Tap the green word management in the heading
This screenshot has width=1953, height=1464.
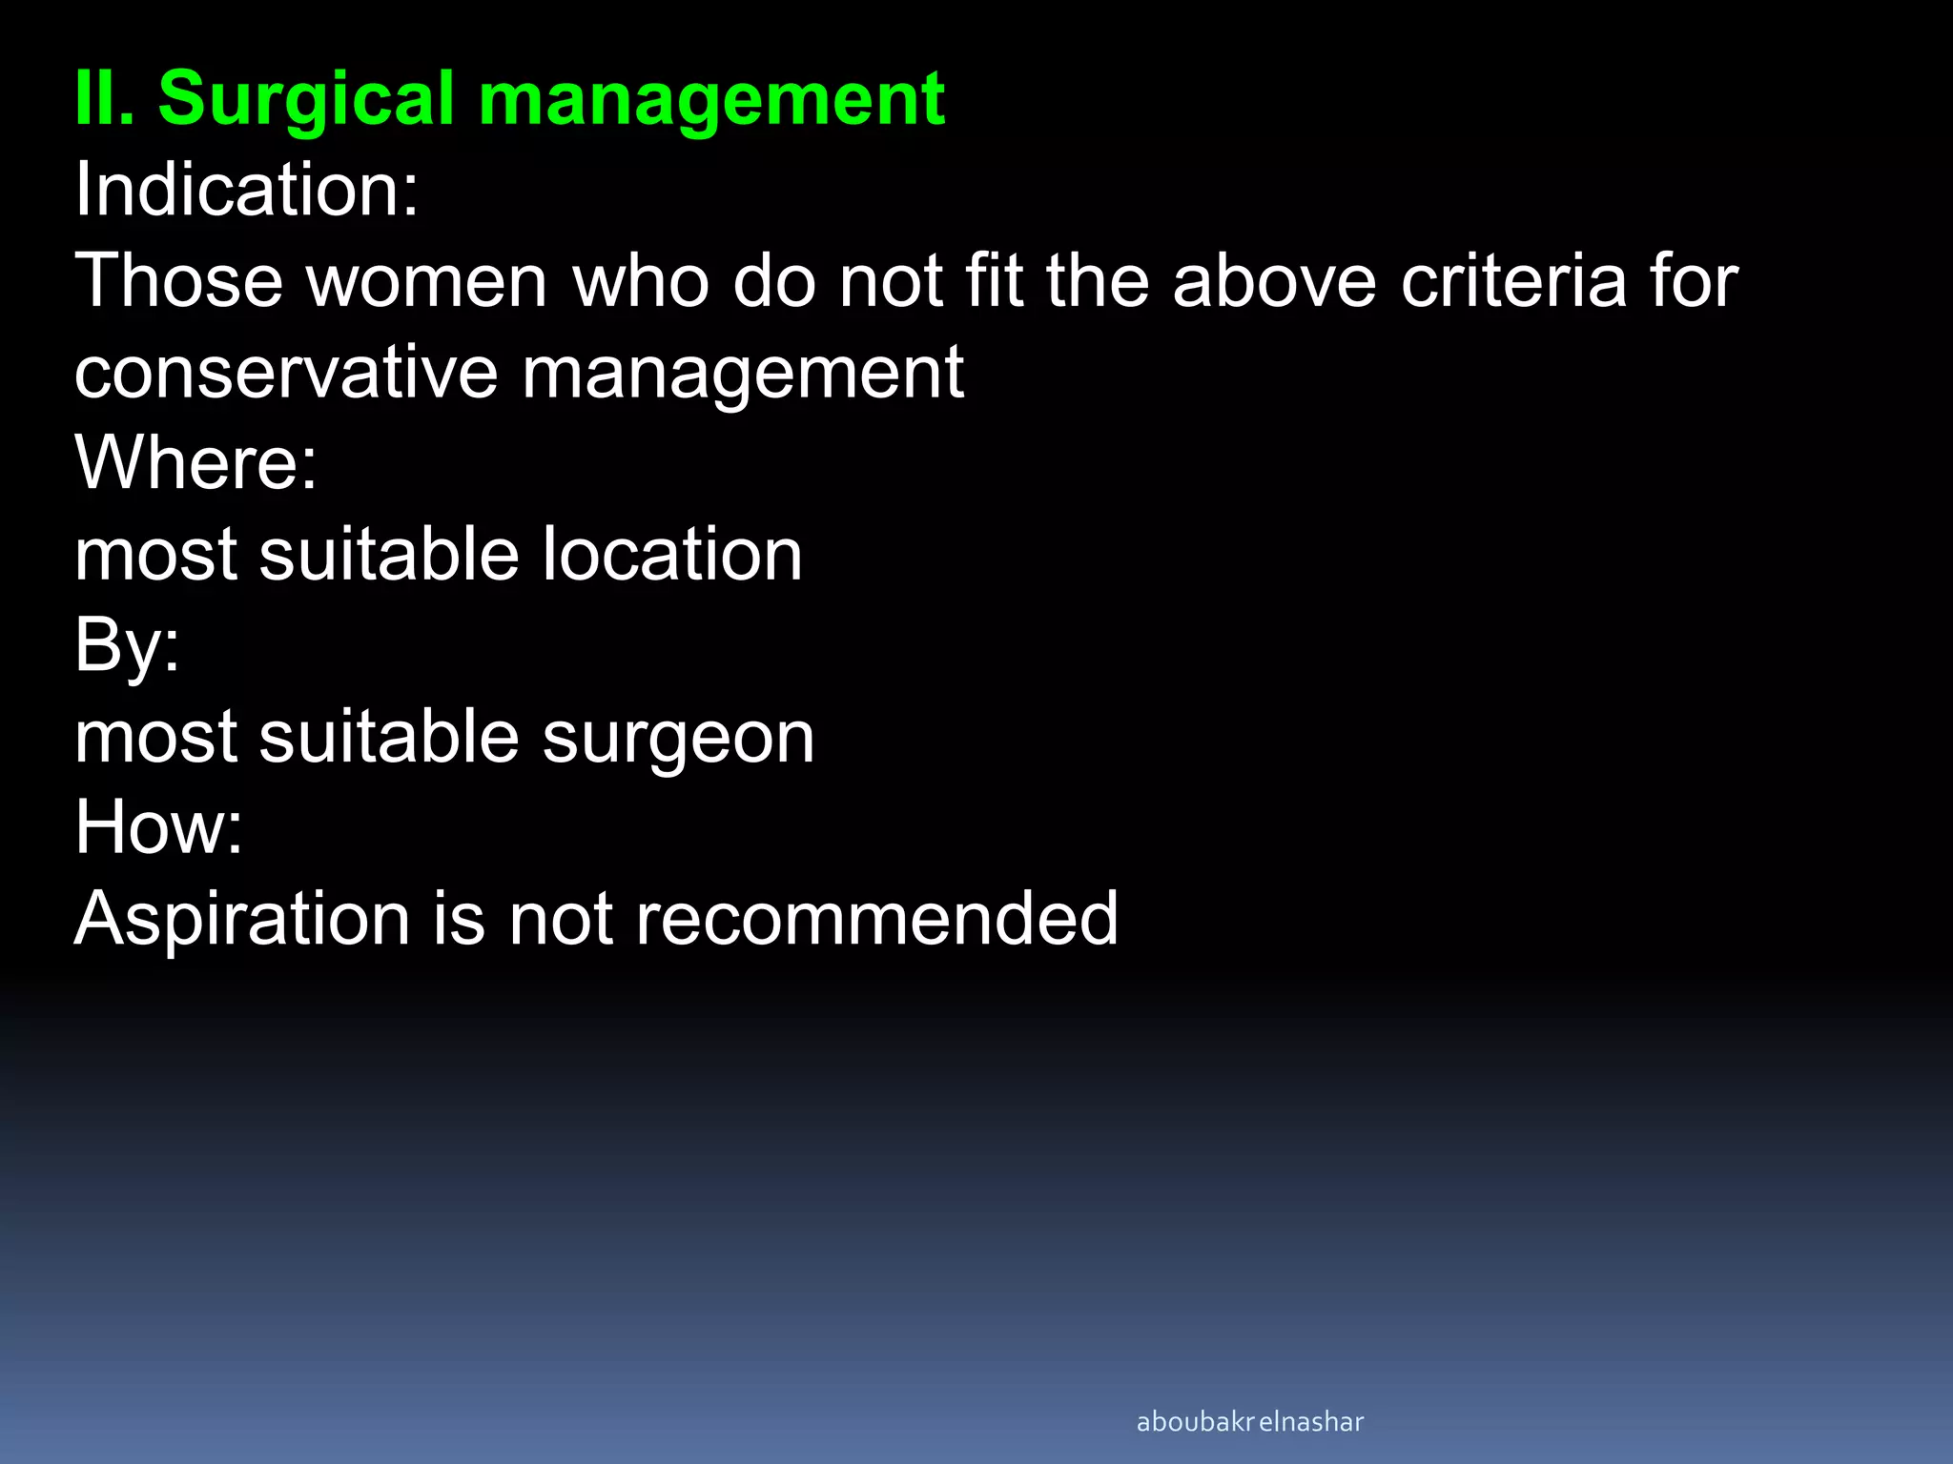tap(711, 100)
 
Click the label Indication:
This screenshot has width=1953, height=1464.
tap(247, 190)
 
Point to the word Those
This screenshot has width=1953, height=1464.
tap(179, 281)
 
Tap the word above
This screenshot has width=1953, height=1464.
tap(1275, 281)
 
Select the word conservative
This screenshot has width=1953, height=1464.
tap(286, 373)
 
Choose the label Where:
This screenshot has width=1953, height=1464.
tap(195, 462)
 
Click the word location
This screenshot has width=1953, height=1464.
tap(672, 555)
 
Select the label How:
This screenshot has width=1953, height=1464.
tap(158, 827)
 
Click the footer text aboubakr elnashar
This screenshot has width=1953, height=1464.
tap(1249, 1422)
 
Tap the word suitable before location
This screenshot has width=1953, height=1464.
tap(389, 555)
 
